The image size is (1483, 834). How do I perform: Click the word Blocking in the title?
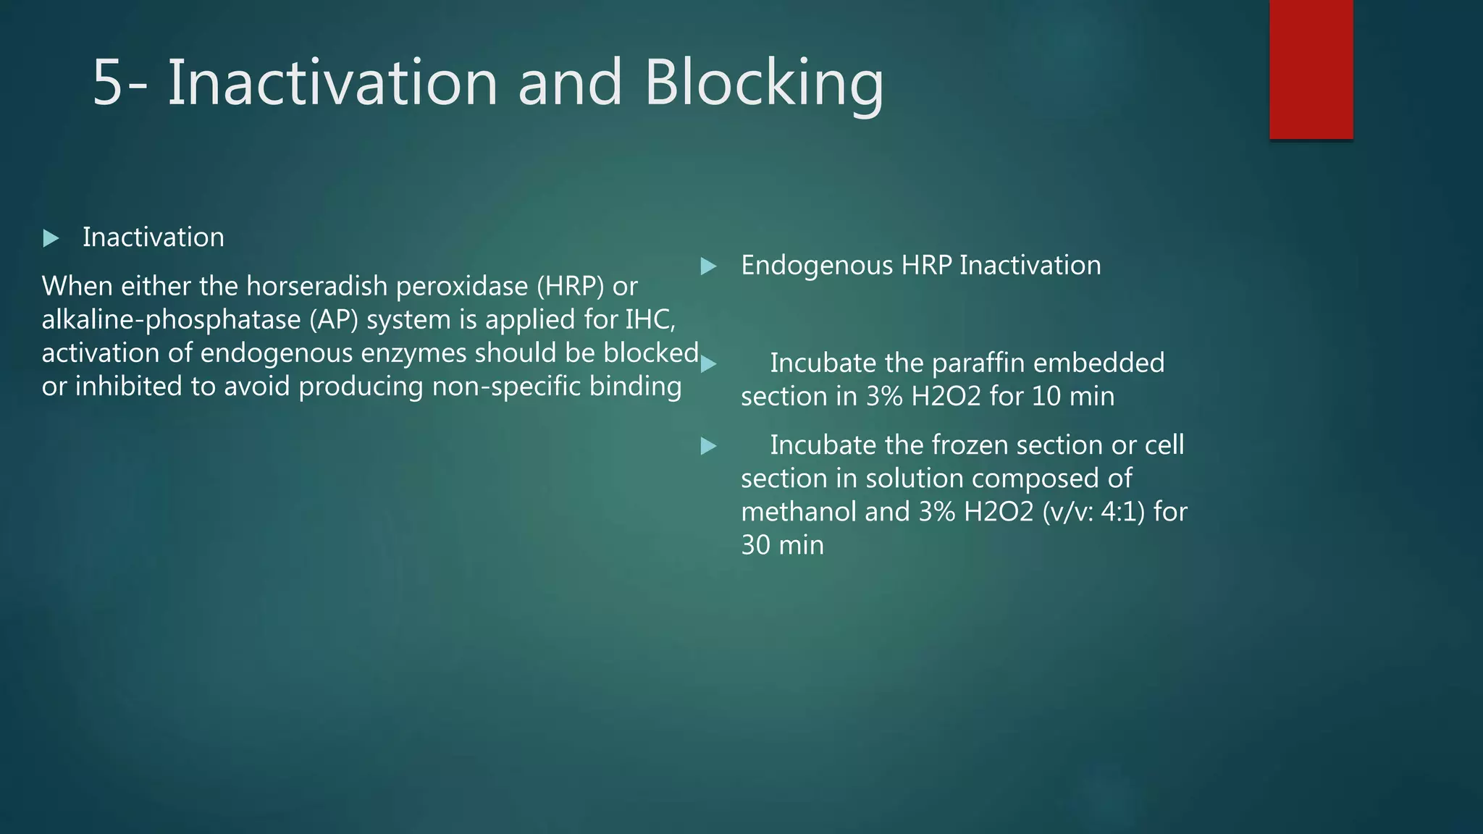(x=764, y=83)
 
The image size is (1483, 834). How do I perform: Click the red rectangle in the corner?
(x=1311, y=69)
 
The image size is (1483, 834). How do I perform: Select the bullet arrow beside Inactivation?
(x=51, y=238)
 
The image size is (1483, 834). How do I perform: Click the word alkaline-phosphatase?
(x=171, y=320)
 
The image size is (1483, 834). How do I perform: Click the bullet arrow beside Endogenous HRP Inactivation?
(x=709, y=266)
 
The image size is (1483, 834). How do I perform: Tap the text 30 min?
(x=782, y=545)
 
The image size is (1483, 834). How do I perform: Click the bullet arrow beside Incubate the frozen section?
(x=709, y=446)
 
